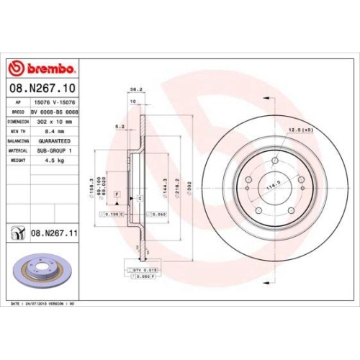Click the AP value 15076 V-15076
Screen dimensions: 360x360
55,103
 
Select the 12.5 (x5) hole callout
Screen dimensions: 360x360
298,130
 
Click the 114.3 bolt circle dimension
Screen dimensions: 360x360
273,184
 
